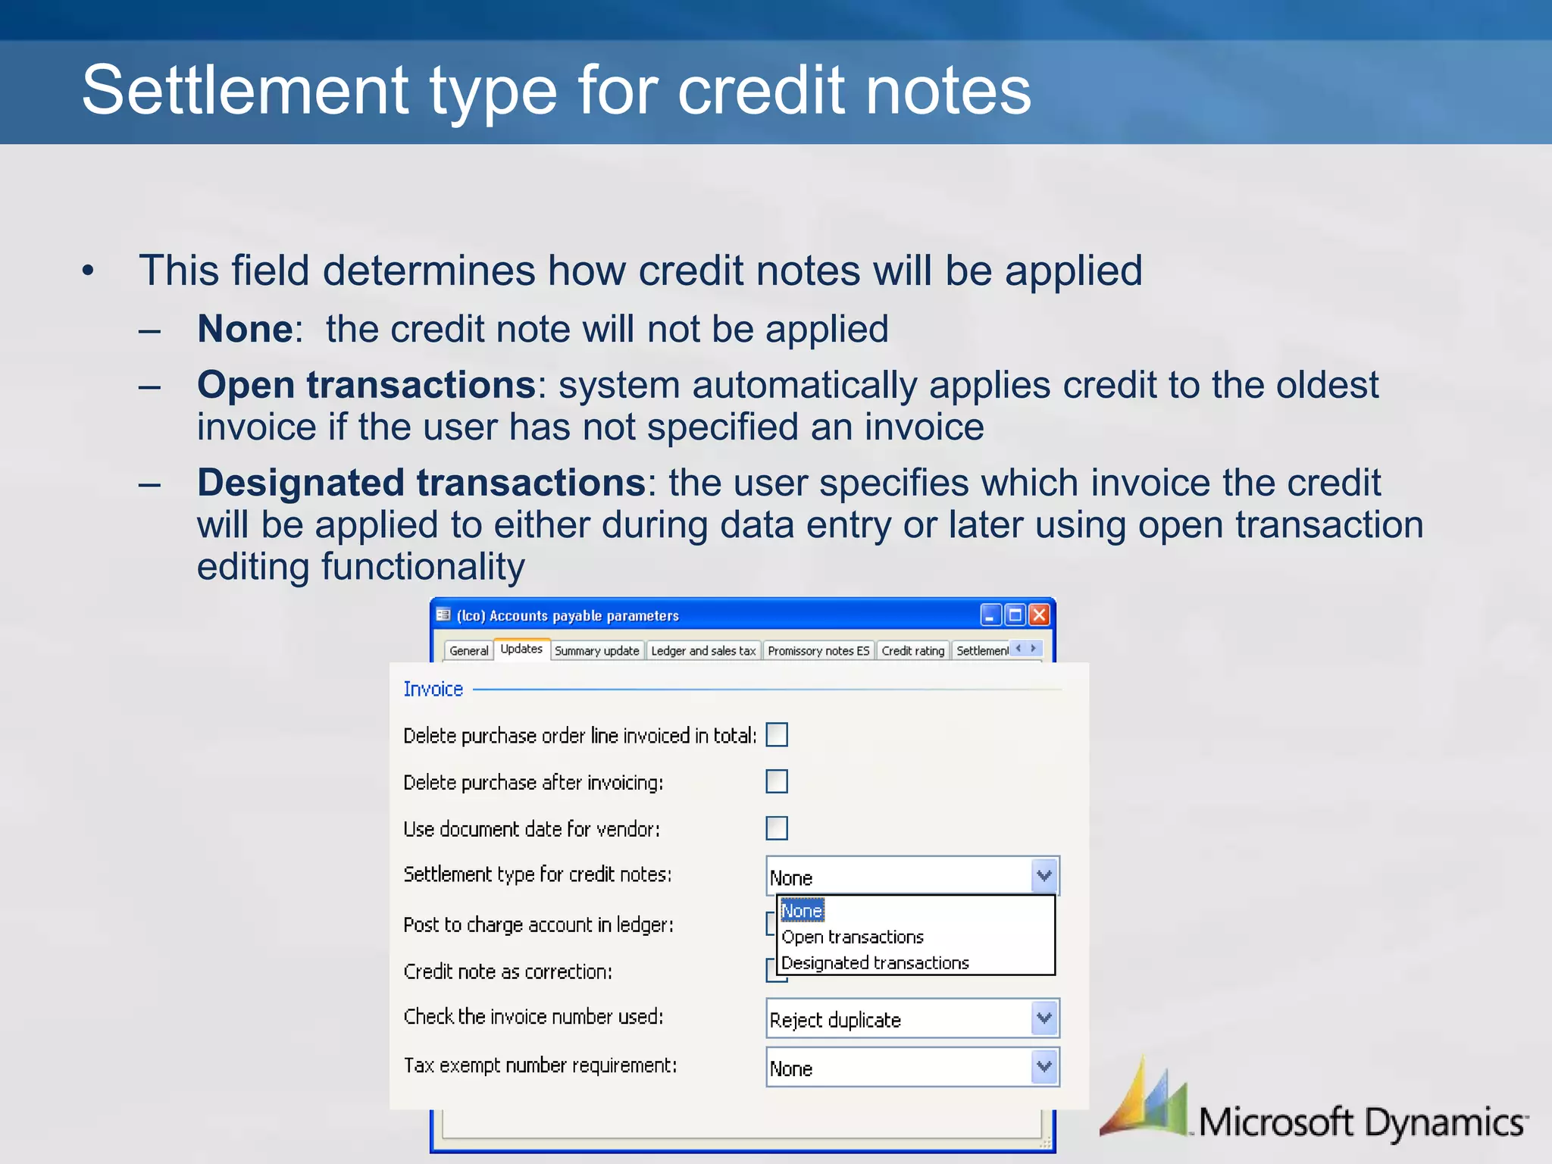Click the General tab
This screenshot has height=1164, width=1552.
pyautogui.click(x=468, y=650)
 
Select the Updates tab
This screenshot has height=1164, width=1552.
pyautogui.click(x=521, y=649)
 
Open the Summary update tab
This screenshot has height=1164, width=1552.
pyautogui.click(x=597, y=650)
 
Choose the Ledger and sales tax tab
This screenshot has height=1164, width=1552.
pyautogui.click(x=703, y=650)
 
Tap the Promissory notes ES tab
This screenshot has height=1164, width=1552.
pyautogui.click(x=818, y=650)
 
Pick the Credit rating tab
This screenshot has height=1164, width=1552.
pyautogui.click(x=912, y=650)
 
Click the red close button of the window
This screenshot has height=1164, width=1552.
pyautogui.click(x=1039, y=615)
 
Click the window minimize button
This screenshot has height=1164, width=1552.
pyautogui.click(x=990, y=615)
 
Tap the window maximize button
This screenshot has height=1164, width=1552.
pyautogui.click(x=1015, y=615)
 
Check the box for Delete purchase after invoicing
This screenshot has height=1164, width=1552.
pyautogui.click(x=777, y=781)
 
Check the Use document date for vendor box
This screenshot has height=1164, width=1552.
pyautogui.click(x=777, y=828)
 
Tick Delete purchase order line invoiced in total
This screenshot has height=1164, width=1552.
pyautogui.click(x=777, y=734)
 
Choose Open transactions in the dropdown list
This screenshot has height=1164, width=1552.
pyautogui.click(x=853, y=937)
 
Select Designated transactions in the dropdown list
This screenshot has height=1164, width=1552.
pyautogui.click(x=875, y=962)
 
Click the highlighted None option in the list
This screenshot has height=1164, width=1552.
pyautogui.click(x=802, y=910)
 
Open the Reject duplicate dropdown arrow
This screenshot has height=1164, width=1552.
pyautogui.click(x=1044, y=1018)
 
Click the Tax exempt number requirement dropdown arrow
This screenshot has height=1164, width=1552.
pyautogui.click(x=1044, y=1066)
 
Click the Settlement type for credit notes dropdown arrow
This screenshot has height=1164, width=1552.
pyautogui.click(x=1044, y=875)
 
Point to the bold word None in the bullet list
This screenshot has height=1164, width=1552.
pyautogui.click(x=245, y=330)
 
